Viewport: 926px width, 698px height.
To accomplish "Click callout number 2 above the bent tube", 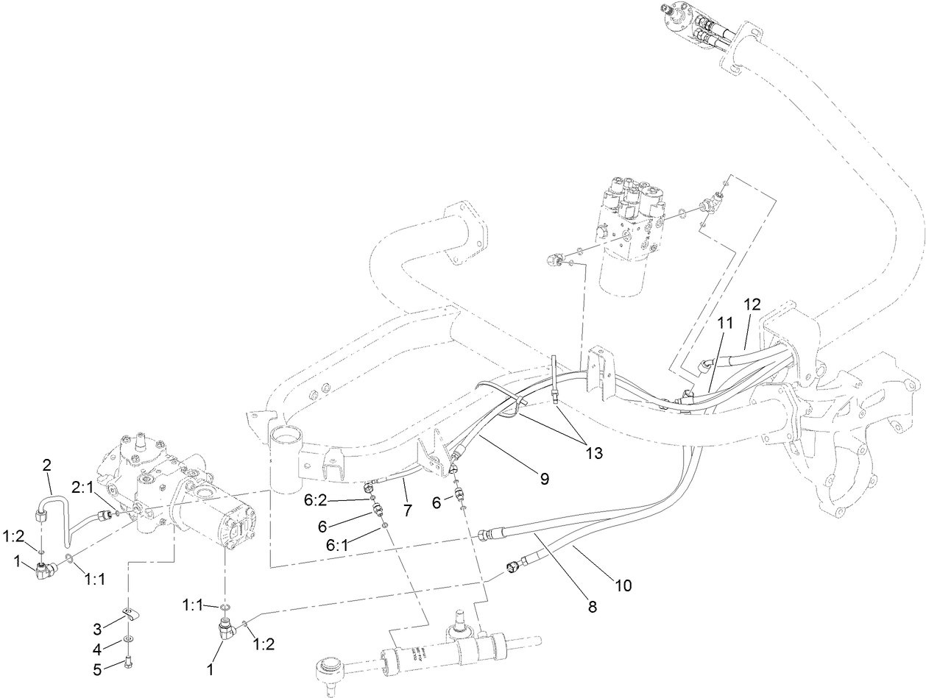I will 47,464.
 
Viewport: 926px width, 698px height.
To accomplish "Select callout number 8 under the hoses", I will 593,608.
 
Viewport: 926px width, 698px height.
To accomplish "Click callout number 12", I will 752,303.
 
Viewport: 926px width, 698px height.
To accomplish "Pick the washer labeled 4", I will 129,639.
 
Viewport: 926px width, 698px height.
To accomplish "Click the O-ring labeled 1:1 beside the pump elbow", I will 68,561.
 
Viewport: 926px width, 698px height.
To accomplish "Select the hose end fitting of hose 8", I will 485,535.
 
